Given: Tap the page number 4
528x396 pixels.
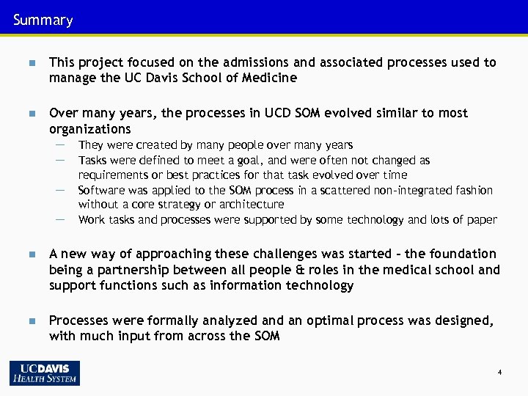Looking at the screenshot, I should pyautogui.click(x=499, y=373).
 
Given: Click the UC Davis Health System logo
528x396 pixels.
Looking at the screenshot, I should pyautogui.click(x=45, y=373).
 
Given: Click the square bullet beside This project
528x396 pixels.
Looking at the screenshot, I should pyautogui.click(x=31, y=63).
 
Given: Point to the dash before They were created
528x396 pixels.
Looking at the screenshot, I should pyautogui.click(x=59, y=145).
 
